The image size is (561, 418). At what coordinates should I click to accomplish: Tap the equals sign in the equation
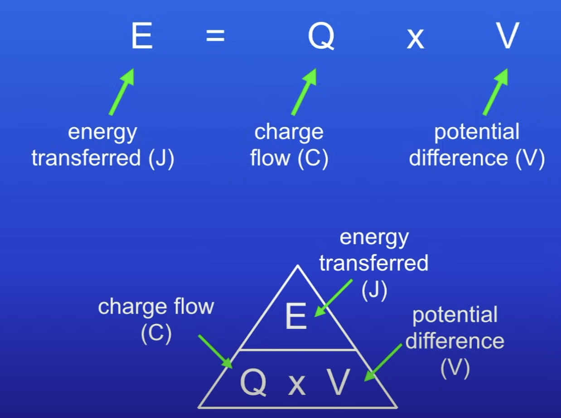click(x=216, y=36)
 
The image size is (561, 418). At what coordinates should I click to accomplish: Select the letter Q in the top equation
click(x=321, y=37)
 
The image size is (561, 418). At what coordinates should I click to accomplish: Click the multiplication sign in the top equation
click(x=415, y=40)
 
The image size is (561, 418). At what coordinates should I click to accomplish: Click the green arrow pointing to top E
click(x=122, y=91)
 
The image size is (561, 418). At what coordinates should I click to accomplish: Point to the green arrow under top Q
click(x=304, y=91)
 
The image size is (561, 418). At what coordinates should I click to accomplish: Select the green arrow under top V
click(x=496, y=91)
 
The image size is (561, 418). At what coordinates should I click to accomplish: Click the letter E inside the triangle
click(x=296, y=317)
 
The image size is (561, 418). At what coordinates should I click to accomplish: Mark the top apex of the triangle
click(x=297, y=266)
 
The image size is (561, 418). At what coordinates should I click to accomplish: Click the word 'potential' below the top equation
click(x=477, y=132)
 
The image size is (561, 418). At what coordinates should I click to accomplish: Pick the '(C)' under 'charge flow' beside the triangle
click(x=156, y=334)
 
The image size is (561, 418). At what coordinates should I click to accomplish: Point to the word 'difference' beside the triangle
click(x=455, y=341)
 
